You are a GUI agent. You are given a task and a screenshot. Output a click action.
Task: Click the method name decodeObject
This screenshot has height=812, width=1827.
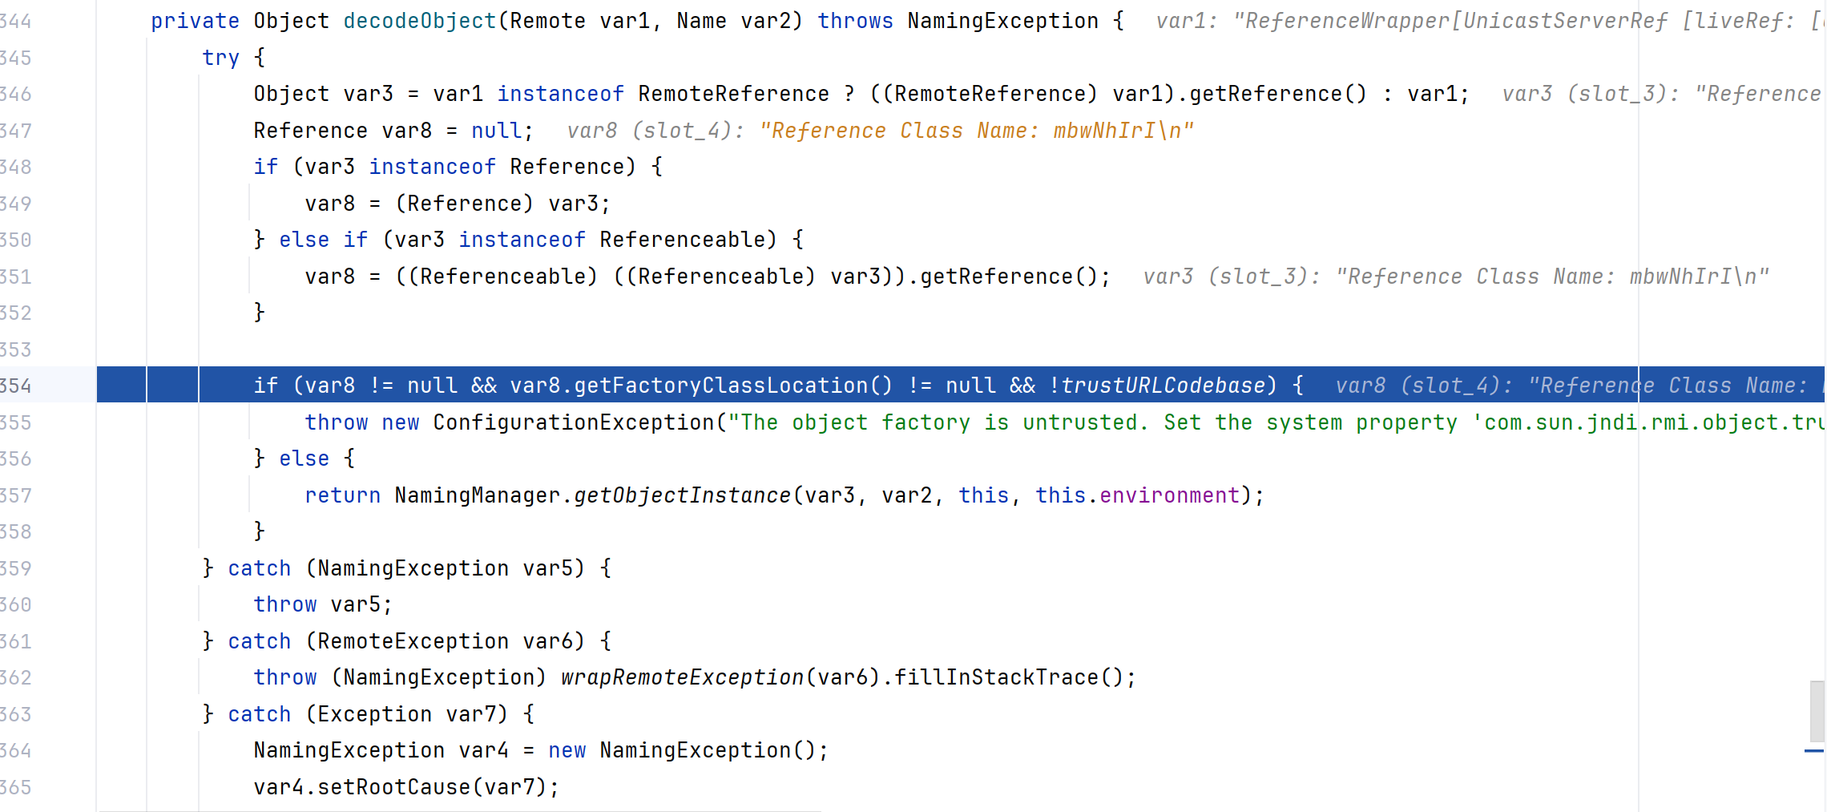coord(420,22)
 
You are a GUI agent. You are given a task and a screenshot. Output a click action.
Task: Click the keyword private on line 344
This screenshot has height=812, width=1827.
coord(195,22)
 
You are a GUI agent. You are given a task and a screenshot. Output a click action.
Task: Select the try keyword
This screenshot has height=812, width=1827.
coord(220,59)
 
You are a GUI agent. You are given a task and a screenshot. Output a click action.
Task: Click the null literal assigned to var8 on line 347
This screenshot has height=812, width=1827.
coord(497,131)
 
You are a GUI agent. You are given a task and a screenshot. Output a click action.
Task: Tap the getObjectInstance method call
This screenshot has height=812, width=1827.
coord(682,495)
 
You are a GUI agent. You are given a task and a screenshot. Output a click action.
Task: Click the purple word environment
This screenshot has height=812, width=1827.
coord(1169,495)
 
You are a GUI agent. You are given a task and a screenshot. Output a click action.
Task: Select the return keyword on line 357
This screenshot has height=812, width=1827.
coord(342,495)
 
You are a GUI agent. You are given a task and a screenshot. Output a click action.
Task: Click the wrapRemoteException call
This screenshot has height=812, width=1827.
coord(682,677)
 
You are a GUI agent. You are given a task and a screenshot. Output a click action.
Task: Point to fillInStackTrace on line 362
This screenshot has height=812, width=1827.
coord(996,677)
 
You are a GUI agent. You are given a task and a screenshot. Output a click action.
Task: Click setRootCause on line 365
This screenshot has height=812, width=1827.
coord(393,787)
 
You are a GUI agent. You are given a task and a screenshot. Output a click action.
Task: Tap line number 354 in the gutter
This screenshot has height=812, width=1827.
coord(15,386)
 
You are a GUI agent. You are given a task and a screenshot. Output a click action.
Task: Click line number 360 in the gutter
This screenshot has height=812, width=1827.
coord(15,604)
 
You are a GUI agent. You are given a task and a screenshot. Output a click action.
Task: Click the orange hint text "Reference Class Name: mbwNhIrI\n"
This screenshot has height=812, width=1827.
coord(977,131)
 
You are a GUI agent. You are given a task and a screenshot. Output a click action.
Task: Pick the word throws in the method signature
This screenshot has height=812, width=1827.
coord(855,22)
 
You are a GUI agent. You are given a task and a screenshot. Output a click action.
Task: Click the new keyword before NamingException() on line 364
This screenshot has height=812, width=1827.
coord(567,750)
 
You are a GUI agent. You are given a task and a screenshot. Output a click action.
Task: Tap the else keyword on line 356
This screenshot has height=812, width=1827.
coord(304,459)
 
